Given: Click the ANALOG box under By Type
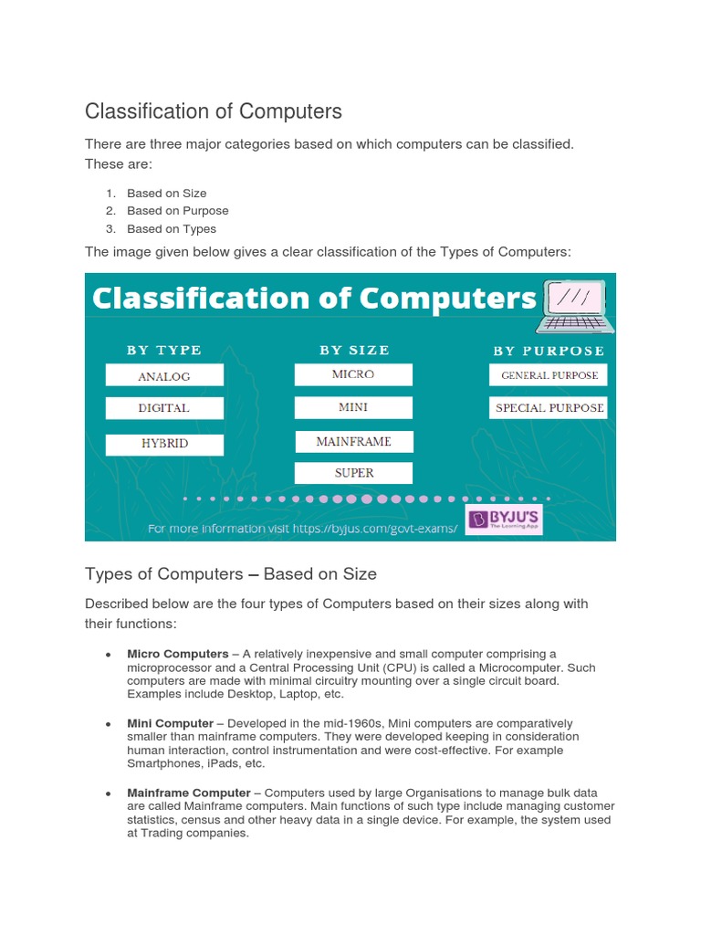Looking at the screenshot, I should point(164,375).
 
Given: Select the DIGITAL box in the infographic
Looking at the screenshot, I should point(164,408).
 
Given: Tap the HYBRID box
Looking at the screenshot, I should point(164,444).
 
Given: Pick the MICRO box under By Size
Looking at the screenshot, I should point(353,374).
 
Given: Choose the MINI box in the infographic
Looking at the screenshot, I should point(353,407).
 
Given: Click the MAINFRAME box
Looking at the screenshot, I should point(353,442).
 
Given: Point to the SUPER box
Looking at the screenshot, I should point(353,473).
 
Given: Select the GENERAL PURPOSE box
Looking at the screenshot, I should point(549,375).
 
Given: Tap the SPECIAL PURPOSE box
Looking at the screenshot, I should point(549,408).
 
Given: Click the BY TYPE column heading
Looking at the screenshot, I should point(164,350).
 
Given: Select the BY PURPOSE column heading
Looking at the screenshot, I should point(549,351).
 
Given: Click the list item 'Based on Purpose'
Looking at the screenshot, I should point(178,211).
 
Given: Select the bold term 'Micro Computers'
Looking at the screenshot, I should point(178,654).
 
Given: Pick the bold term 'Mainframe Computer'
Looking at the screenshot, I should point(188,793).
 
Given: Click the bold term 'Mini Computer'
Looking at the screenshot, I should point(170,723).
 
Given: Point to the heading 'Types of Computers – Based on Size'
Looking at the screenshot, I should point(231,574).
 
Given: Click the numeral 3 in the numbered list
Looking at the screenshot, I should point(109,229).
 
